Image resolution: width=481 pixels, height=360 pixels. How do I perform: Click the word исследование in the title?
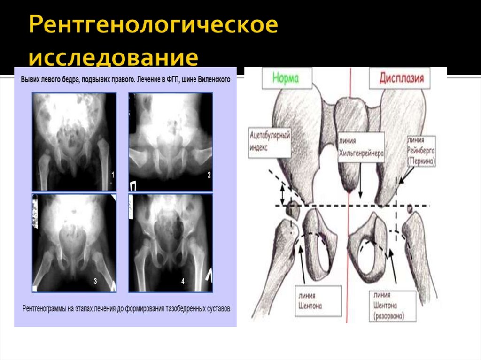point(113,57)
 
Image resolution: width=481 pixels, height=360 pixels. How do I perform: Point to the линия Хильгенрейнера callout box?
point(361,147)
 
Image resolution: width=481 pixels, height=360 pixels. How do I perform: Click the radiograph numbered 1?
point(74,141)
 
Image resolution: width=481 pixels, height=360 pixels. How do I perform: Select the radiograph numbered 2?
point(171,141)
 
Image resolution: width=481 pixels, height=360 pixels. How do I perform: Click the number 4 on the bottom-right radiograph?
point(183,282)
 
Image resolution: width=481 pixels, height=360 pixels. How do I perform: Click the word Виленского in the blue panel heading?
point(215,80)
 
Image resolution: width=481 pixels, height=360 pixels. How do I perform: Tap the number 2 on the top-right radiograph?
point(209,175)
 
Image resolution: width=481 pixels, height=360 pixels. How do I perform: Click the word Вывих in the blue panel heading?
point(30,80)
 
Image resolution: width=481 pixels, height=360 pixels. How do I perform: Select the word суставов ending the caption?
point(218,309)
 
